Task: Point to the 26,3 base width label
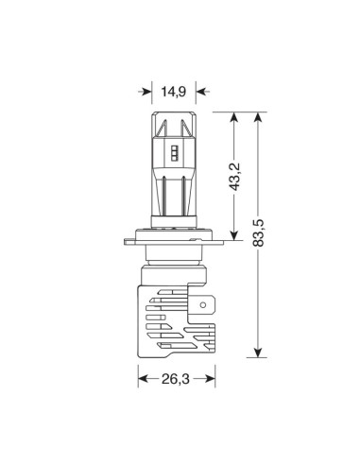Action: click(173, 380)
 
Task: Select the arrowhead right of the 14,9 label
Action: click(200, 93)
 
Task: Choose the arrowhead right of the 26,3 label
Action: click(204, 380)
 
